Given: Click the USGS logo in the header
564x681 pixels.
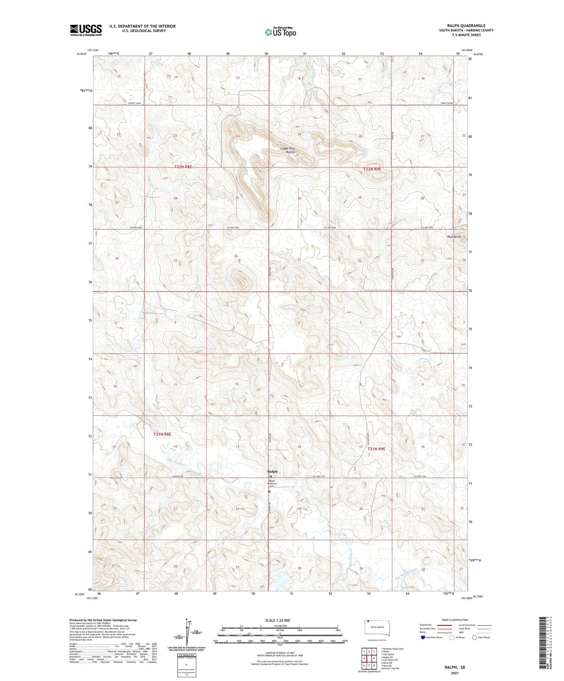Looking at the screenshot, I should [86, 30].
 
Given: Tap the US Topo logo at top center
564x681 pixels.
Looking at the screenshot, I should [280, 32].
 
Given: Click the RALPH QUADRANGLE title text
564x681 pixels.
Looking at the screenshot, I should [466, 26].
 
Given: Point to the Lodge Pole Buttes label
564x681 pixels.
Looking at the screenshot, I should [288, 150].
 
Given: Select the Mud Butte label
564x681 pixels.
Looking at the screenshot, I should [454, 237].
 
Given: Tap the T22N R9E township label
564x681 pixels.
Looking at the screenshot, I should [372, 169].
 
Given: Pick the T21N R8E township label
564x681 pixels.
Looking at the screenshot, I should [162, 434].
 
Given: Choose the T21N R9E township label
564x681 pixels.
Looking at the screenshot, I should [376, 449].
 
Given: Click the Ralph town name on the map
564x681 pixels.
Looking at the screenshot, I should [272, 471].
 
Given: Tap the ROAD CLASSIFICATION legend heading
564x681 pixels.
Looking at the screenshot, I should [455, 620].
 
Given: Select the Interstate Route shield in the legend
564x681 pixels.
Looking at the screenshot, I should [423, 637].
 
